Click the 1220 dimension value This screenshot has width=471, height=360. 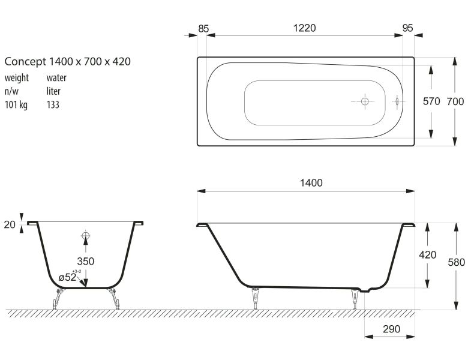pos(304,28)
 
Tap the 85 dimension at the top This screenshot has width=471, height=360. pos(203,29)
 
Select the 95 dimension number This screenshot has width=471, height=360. pos(407,28)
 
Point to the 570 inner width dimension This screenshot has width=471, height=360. pos(431,101)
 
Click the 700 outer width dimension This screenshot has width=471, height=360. pos(455,101)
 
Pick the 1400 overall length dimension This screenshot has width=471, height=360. pos(311,183)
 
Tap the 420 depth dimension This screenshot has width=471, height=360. pos(427,255)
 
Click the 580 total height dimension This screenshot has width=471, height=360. pos(456,262)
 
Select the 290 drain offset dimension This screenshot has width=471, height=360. pos(391,329)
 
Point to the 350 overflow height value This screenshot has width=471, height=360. pos(86,261)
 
